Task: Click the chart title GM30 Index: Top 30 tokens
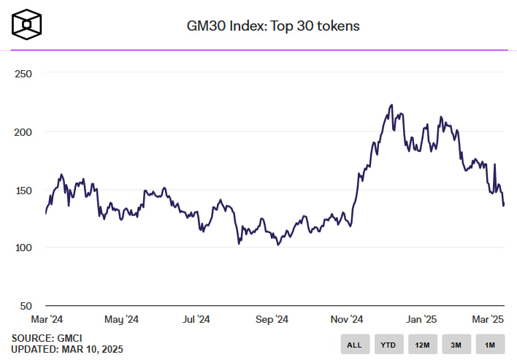point(273,26)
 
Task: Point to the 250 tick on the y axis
point(23,74)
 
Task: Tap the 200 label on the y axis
point(23,132)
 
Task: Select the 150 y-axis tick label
point(23,190)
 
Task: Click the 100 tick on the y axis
point(23,248)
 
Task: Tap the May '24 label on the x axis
point(121,319)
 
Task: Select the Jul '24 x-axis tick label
point(196,319)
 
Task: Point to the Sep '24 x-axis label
point(272,319)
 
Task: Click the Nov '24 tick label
point(347,319)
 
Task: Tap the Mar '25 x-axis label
point(489,319)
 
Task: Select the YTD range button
point(388,344)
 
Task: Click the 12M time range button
point(422,344)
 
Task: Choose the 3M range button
point(456,344)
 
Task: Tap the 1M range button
point(490,344)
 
